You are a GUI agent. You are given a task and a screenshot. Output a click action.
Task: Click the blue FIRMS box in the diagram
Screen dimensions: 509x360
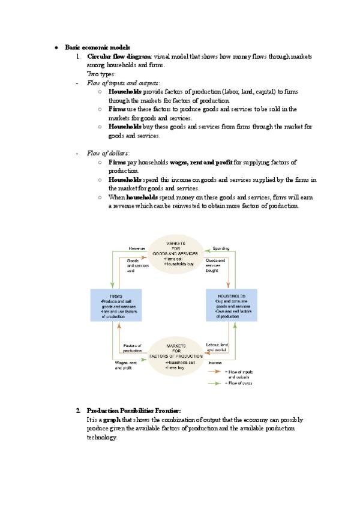click(116, 306)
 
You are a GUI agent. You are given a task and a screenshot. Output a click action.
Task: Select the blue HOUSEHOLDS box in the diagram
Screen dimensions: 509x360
click(231, 306)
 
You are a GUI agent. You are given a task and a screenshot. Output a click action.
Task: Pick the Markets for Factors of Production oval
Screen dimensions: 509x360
click(176, 358)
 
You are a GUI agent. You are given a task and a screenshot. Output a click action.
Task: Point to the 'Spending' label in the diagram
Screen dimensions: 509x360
click(221, 248)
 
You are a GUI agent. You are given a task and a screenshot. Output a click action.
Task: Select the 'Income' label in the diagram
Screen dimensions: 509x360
click(215, 363)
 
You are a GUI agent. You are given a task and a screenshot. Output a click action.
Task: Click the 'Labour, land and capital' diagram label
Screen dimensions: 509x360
click(217, 347)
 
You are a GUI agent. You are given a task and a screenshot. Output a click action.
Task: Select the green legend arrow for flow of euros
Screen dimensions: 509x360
click(215, 382)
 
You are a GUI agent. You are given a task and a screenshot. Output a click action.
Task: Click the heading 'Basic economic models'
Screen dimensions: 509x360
click(97, 47)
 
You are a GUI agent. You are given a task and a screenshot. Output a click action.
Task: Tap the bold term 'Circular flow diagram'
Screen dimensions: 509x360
click(119, 56)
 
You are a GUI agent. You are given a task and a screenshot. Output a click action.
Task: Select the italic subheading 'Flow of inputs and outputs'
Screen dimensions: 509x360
click(123, 83)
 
